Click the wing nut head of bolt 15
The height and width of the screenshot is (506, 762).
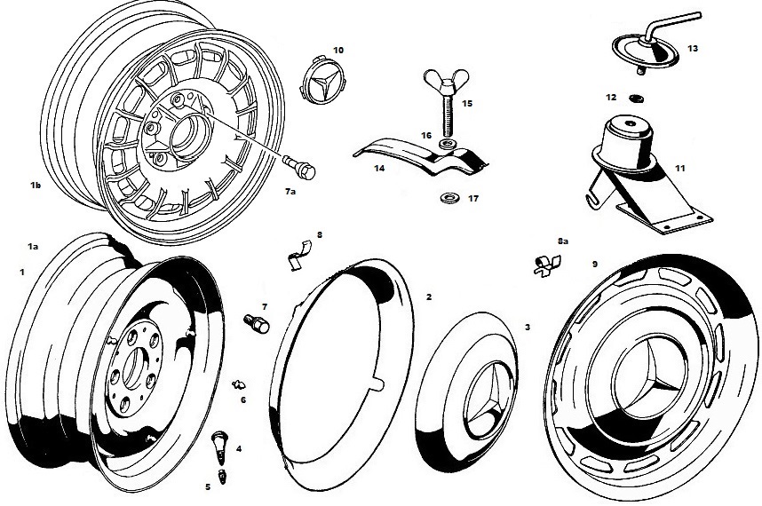pyautogui.click(x=447, y=79)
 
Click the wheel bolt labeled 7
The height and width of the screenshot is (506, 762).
pyautogui.click(x=256, y=323)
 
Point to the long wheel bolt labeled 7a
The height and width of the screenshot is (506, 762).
pyautogui.click(x=299, y=167)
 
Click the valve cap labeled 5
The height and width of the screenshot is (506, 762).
pyautogui.click(x=222, y=477)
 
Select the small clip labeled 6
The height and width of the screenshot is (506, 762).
pyautogui.click(x=239, y=384)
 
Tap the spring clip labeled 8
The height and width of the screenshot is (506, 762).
pyautogui.click(x=298, y=255)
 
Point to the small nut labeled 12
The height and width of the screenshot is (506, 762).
pyautogui.click(x=635, y=99)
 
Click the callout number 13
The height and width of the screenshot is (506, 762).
pyautogui.click(x=693, y=49)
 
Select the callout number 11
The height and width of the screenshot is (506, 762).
pyautogui.click(x=680, y=169)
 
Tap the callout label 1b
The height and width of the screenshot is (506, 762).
pyautogui.click(x=36, y=185)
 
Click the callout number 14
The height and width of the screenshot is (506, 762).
pyautogui.click(x=379, y=168)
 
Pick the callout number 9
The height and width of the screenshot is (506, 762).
pyautogui.click(x=595, y=265)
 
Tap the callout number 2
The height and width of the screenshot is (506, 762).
pyautogui.click(x=429, y=296)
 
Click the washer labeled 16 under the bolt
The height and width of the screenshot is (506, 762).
pyautogui.click(x=447, y=144)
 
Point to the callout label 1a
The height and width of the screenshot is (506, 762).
pyautogui.click(x=33, y=247)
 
